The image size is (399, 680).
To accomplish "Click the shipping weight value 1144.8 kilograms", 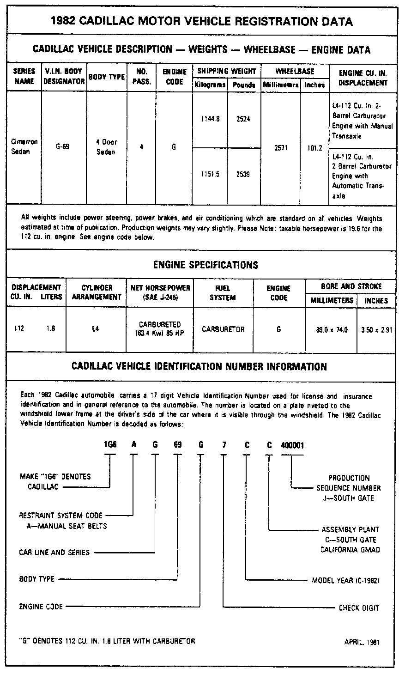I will coord(210,119).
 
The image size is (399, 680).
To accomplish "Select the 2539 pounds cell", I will coord(243,174).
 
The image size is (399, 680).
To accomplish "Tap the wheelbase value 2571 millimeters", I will coord(280,149).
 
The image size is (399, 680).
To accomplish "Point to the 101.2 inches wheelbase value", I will coord(314,149).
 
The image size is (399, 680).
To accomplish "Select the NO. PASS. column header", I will coord(142,77).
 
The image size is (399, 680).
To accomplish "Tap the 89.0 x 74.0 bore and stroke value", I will coord(332,330).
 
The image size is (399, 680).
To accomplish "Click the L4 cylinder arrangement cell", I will coord(96,329).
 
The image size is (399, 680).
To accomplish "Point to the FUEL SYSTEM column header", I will coord(223,293).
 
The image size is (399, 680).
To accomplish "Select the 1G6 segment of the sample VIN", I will coord(109,445).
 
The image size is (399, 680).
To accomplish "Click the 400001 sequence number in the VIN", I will coord(292,445).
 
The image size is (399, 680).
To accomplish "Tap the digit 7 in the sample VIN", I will coord(224,445).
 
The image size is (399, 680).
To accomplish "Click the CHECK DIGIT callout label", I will coord(359,608).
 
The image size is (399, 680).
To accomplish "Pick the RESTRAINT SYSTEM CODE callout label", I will coord(61,515).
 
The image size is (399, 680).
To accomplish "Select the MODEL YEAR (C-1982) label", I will coord(345,580).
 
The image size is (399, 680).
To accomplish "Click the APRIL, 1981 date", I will coord(362,642).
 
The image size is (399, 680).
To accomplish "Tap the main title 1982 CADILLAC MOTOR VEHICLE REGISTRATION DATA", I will coord(201,21).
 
